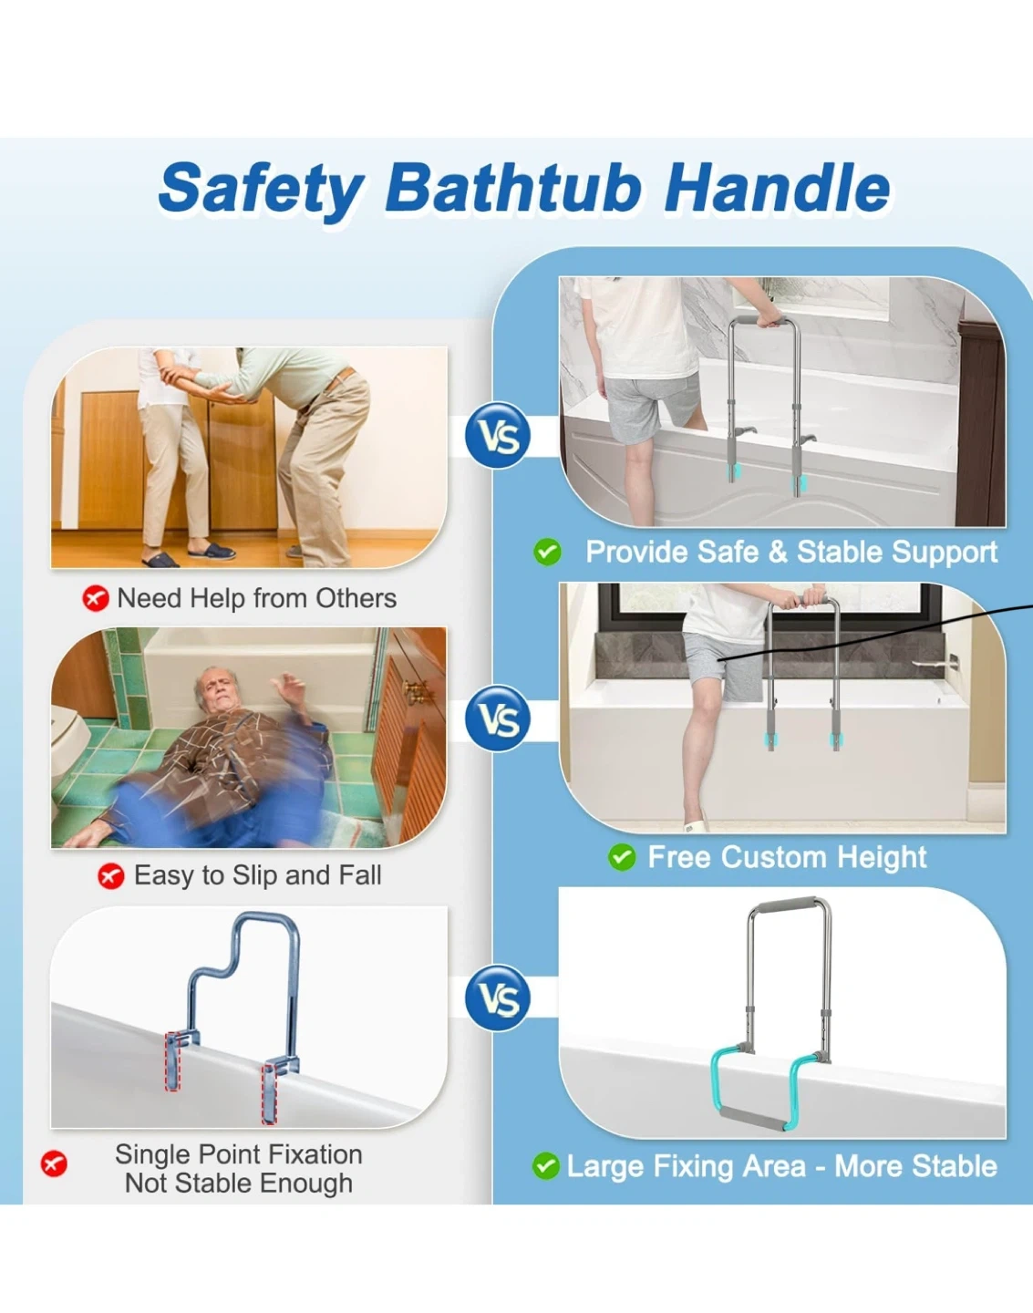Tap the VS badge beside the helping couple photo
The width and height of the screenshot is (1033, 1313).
pyautogui.click(x=498, y=435)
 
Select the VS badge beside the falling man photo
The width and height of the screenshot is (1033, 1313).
pyautogui.click(x=498, y=719)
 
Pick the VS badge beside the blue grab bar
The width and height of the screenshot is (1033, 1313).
pyautogui.click(x=498, y=998)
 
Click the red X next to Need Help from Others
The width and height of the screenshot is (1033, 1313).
pyautogui.click(x=96, y=598)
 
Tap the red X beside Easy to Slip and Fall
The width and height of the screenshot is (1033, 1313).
pyautogui.click(x=111, y=876)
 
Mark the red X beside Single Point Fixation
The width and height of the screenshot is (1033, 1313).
pyautogui.click(x=54, y=1163)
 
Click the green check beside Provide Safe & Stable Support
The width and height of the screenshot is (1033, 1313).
pyautogui.click(x=547, y=553)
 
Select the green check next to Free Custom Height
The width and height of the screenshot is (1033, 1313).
pyautogui.click(x=622, y=857)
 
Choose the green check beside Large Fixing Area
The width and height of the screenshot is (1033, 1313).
pyautogui.click(x=545, y=1166)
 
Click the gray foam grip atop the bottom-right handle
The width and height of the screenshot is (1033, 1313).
pyautogui.click(x=789, y=904)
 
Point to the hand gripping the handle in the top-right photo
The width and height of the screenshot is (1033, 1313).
pyautogui.click(x=770, y=319)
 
